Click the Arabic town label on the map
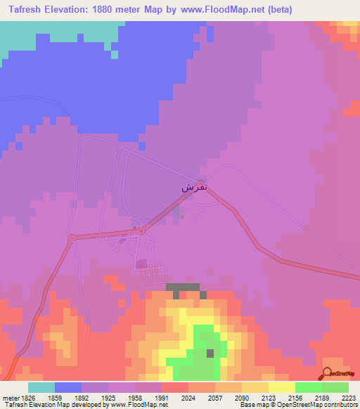pos(194,187)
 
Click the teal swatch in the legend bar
pos(41,387)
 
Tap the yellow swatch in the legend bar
pos(282,387)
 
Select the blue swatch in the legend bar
pos(68,387)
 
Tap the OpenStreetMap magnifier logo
pos(327,372)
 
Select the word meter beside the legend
pos(9,397)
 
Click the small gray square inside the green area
pos(210,353)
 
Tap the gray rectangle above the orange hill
pos(183,287)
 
